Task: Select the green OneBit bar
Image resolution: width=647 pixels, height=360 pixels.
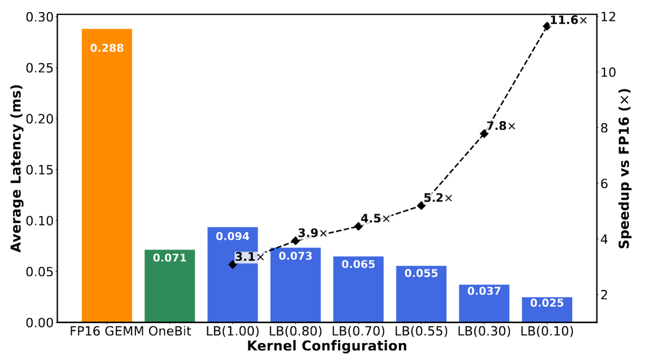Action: (x=170, y=290)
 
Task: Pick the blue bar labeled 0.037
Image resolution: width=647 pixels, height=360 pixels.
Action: (x=484, y=306)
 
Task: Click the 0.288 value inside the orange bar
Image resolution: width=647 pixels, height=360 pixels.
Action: (x=106, y=48)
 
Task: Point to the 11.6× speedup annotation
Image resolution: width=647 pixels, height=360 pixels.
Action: (x=568, y=21)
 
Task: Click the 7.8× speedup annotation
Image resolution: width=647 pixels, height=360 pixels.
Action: (x=501, y=127)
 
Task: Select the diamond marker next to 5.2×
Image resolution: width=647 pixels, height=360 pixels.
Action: (x=421, y=206)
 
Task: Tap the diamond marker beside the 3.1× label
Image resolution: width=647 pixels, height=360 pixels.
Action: (x=232, y=265)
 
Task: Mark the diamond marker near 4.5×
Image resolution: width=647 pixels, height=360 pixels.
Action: (x=358, y=226)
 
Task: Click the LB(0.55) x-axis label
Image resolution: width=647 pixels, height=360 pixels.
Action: (x=421, y=332)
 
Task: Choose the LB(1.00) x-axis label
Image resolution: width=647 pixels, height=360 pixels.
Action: (x=232, y=332)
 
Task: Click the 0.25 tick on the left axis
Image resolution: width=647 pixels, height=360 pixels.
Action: (x=40, y=68)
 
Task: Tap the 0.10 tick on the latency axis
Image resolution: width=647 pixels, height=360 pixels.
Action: (x=40, y=221)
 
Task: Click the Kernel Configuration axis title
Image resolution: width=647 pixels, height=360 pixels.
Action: (x=327, y=346)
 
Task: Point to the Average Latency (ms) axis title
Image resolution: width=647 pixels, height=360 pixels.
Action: (x=16, y=168)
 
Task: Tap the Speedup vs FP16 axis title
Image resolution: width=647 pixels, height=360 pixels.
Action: (x=625, y=168)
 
